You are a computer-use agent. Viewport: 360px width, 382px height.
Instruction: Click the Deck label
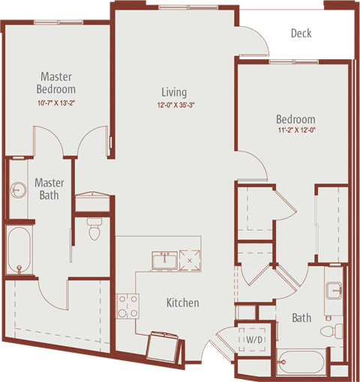tap(301, 34)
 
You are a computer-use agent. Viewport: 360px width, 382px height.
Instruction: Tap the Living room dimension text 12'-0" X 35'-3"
tap(175, 105)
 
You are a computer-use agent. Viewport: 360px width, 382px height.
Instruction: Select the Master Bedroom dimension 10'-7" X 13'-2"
tap(56, 103)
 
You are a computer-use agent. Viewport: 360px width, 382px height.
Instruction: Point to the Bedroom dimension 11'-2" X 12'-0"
tap(296, 130)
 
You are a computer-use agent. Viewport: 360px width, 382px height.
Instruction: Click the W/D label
tap(254, 339)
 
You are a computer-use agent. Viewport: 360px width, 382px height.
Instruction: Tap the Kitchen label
tap(183, 303)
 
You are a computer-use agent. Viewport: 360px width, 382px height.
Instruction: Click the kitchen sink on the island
tap(165, 261)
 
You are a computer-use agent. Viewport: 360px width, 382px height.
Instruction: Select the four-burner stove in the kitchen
tap(127, 306)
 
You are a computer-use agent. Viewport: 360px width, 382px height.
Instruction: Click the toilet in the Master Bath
tap(94, 229)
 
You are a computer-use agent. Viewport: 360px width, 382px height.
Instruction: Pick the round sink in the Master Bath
tap(18, 190)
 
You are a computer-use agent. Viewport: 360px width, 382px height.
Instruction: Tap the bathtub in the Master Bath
tap(19, 250)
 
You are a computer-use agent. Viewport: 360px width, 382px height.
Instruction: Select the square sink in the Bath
tap(334, 291)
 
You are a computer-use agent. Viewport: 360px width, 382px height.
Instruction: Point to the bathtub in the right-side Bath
tap(301, 363)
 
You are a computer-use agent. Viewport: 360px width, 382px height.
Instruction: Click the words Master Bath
tap(49, 189)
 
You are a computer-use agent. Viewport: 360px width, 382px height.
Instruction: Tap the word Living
tap(174, 92)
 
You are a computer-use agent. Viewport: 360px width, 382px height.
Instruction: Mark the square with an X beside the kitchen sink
tap(190, 261)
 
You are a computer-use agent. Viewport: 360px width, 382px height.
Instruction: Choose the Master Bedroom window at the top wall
tap(58, 22)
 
